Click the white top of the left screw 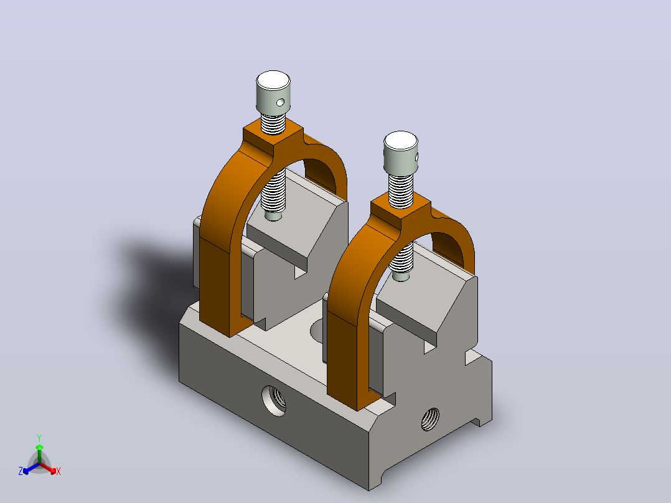click(x=273, y=80)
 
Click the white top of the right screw click(x=401, y=141)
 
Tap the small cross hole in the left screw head click(x=280, y=102)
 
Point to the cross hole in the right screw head click(x=416, y=157)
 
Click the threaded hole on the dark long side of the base click(x=274, y=401)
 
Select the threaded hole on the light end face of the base click(x=430, y=419)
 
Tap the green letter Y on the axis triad click(x=39, y=438)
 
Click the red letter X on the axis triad click(x=59, y=471)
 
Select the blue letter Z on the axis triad click(x=21, y=471)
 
